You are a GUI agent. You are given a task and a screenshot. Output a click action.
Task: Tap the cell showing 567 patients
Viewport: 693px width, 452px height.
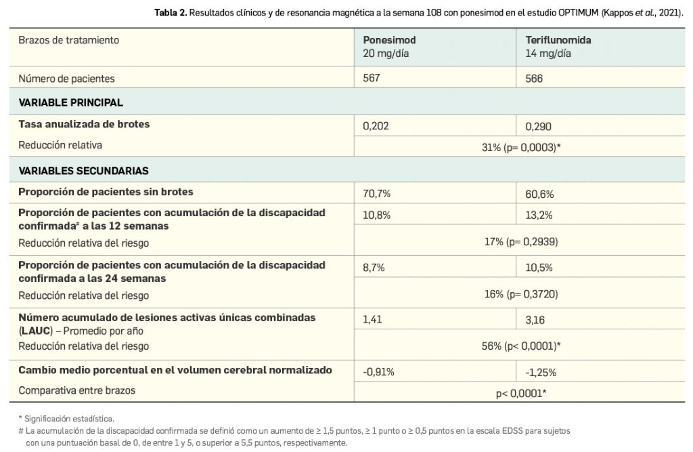[372, 78]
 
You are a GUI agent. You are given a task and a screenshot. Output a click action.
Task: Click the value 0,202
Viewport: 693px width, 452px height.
[377, 126]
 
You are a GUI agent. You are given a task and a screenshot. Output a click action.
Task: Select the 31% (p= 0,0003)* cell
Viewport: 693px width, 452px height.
[518, 146]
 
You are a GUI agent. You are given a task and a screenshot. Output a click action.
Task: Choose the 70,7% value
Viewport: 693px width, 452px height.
[377, 194]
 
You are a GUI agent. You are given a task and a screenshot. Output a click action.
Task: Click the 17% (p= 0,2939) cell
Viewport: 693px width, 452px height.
[518, 241]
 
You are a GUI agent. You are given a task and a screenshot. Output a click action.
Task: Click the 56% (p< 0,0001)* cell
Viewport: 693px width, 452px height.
[518, 346]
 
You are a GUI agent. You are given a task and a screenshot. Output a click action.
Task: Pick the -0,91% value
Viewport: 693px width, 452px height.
[379, 371]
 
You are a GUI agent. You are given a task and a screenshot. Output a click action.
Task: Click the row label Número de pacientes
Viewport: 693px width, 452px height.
[66, 78]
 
